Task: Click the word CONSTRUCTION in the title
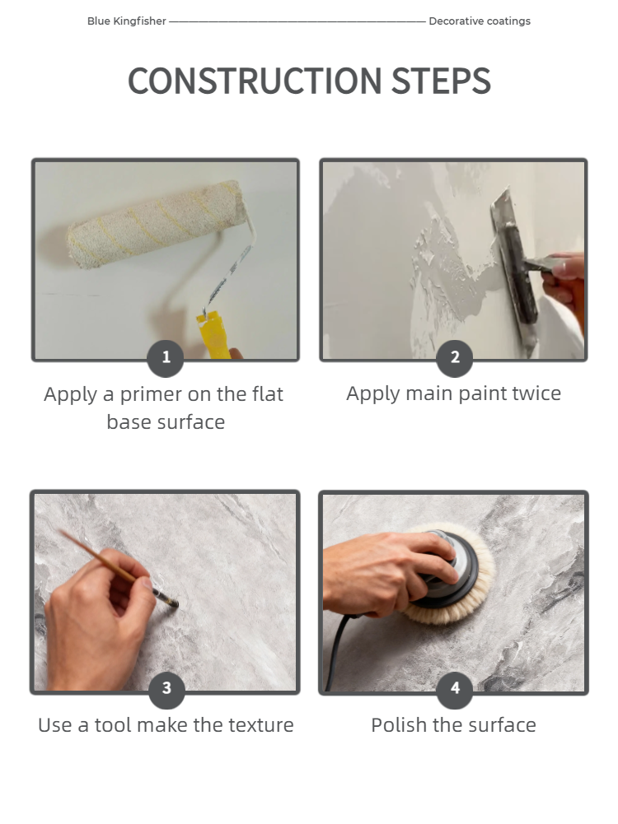255,81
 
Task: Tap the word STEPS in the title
441,81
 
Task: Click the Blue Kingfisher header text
127,21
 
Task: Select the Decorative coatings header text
480,21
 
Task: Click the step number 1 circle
166,358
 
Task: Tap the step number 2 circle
455,358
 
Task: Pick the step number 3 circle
166,688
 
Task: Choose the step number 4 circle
455,688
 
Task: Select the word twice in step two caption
536,393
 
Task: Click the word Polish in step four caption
399,726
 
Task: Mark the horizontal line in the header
297,21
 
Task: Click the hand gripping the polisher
387,573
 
